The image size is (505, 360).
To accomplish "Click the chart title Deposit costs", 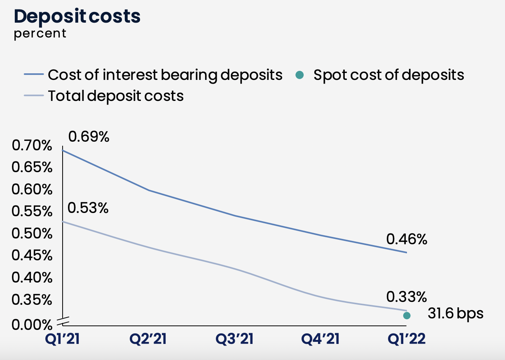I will pos(77,16).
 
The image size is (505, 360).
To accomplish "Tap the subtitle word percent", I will pos(40,33).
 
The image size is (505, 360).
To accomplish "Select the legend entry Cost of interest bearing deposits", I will pos(165,75).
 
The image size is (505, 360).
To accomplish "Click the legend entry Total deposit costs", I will pos(116,96).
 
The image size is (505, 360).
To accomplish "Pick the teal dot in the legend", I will pos(300,75).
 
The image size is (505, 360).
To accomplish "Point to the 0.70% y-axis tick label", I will pos(32,146).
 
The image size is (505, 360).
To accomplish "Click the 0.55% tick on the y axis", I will pos(32,212).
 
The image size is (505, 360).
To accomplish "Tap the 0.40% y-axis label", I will pos(32,278).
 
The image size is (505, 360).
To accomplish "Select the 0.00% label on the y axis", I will pos(32,325).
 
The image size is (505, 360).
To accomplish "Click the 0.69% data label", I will pos(89,137).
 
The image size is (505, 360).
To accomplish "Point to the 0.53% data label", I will pos(88,208).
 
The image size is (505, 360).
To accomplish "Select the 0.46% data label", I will pos(407,239).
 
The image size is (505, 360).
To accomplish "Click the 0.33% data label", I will pos(407,297).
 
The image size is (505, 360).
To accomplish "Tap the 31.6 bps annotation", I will pos(455,314).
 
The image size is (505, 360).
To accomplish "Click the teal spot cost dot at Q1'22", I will pos(407,316).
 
